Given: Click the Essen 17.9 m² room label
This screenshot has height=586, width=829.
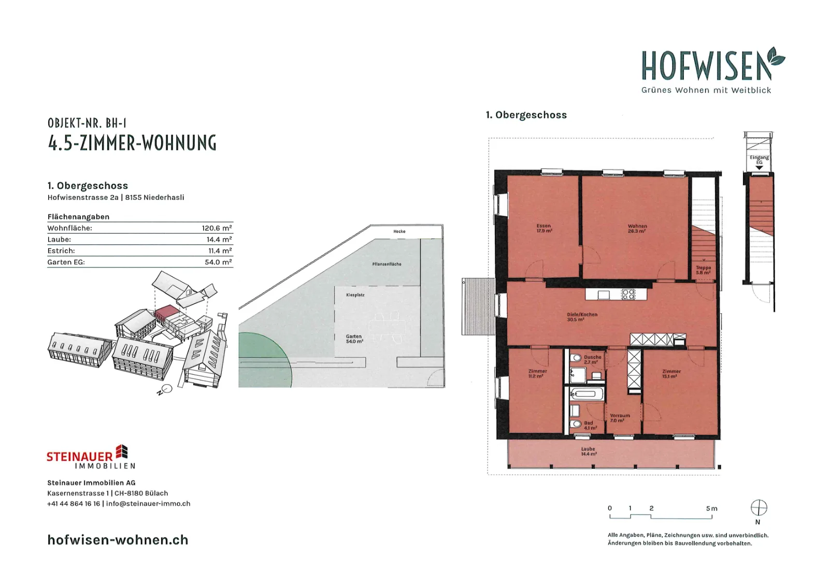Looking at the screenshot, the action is click(544, 228).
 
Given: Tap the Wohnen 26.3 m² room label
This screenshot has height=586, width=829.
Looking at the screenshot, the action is click(637, 228).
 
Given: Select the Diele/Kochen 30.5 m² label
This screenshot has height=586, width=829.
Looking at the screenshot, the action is click(582, 317).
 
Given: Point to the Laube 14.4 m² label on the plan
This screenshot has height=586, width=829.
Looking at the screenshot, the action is click(589, 451).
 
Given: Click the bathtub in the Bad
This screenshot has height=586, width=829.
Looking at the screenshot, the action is click(587, 394).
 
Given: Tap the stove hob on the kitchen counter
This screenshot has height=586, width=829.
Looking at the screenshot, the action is click(628, 294).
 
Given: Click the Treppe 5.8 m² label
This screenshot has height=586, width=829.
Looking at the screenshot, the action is click(703, 270).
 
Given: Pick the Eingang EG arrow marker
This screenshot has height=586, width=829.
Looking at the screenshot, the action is click(759, 168).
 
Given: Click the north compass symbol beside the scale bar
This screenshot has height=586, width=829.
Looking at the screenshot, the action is click(759, 508).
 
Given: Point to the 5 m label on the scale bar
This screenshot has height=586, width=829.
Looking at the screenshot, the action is click(712, 508).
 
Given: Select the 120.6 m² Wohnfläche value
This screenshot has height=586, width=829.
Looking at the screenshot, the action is click(217, 228).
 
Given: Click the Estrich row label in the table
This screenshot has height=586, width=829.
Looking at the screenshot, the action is click(61, 251).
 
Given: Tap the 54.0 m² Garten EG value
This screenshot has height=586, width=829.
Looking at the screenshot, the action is click(218, 262).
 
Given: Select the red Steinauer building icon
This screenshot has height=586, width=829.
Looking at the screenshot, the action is click(122, 452).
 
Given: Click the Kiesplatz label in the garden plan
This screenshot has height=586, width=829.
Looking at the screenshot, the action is click(355, 295).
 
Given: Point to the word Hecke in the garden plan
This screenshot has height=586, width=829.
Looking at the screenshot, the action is click(399, 231).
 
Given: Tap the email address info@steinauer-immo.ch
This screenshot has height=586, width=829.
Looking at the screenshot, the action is click(148, 504).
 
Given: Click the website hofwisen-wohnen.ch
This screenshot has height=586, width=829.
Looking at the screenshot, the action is click(118, 540).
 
